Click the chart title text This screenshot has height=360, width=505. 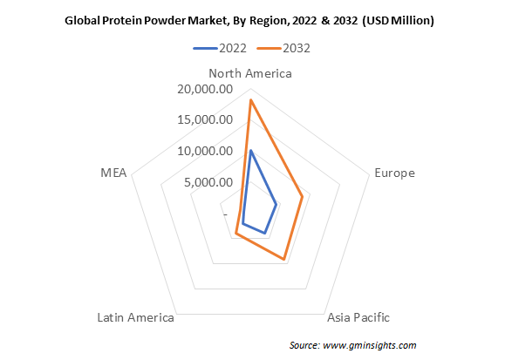[x=249, y=21]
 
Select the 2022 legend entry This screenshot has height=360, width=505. [x=220, y=48]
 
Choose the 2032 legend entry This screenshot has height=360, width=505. [x=283, y=48]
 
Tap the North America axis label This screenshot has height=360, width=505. [x=250, y=73]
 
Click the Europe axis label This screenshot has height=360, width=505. [x=394, y=173]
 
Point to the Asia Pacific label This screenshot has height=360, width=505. [x=358, y=317]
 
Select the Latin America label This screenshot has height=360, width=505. [x=135, y=317]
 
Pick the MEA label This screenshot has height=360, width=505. [x=113, y=173]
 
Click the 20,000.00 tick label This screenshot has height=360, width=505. [x=205, y=89]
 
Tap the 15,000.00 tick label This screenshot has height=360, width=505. [x=205, y=119]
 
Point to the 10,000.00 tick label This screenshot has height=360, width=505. [x=205, y=151]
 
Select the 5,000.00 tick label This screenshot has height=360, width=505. [x=208, y=182]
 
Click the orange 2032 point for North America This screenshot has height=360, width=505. [x=251, y=100]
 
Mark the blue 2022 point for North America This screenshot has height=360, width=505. [x=251, y=151]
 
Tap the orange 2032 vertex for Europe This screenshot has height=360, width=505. [x=302, y=196]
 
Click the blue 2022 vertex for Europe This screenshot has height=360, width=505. [x=276, y=205]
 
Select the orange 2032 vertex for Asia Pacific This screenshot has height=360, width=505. [x=283, y=259]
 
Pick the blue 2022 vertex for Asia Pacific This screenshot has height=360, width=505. [x=265, y=233]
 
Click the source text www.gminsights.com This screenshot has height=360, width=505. [x=370, y=345]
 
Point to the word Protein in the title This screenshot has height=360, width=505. [x=122, y=21]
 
